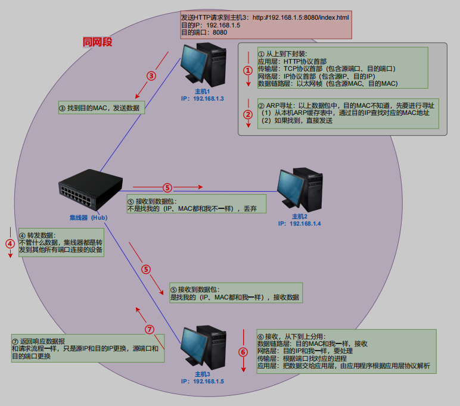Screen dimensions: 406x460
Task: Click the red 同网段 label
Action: pyautogui.click(x=98, y=43)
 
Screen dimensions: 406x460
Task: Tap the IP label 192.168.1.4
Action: pyautogui.click(x=299, y=223)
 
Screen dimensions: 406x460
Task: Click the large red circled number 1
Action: pyautogui.click(x=248, y=69)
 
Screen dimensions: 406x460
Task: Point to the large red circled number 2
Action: pyautogui.click(x=248, y=114)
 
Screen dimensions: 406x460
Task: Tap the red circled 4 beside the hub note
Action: pyautogui.click(x=10, y=243)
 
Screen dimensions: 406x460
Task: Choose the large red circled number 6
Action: pyautogui.click(x=243, y=351)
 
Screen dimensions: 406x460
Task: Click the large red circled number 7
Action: pyautogui.click(x=150, y=329)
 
